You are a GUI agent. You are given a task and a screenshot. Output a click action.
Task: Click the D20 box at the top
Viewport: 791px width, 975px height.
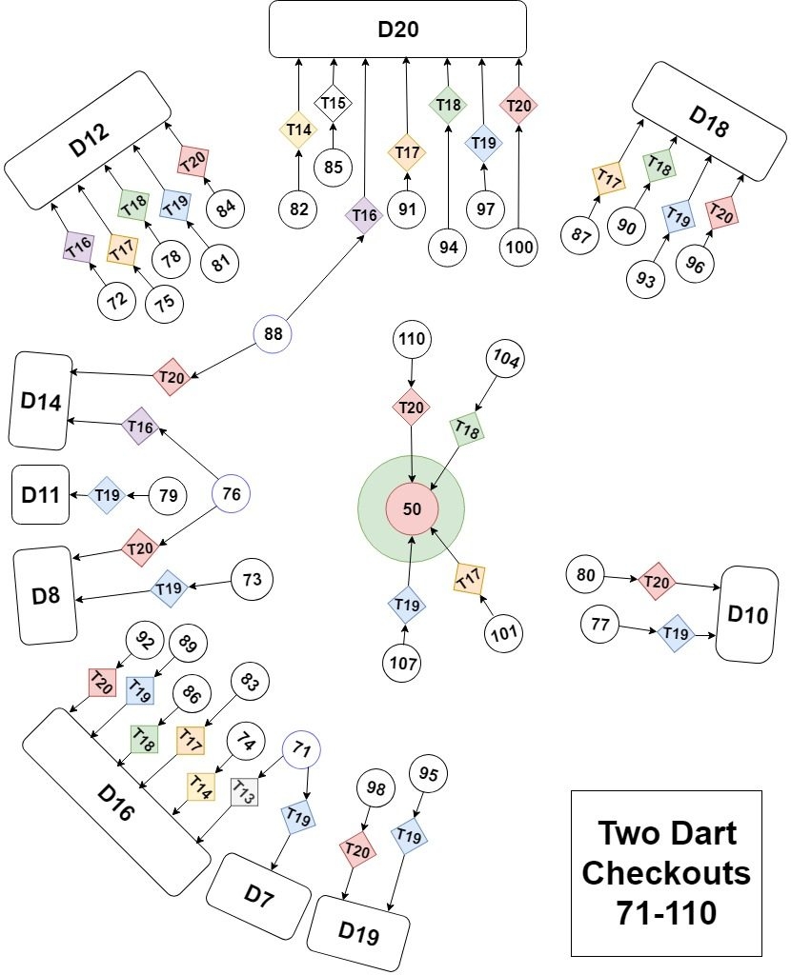pos(397,29)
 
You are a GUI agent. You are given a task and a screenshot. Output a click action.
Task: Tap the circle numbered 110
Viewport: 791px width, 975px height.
pos(411,340)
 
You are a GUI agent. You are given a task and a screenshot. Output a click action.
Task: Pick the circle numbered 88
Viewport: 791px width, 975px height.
pos(273,335)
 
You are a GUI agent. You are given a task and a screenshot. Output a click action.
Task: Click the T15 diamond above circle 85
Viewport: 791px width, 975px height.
pos(334,103)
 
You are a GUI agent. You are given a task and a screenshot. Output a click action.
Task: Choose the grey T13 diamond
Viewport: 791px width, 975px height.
pos(244,792)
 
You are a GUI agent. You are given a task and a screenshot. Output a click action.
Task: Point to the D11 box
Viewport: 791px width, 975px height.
pos(41,495)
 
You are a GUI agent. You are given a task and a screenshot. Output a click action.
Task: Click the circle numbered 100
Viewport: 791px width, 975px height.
pos(519,248)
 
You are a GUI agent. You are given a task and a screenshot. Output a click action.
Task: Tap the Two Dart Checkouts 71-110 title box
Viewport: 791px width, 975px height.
pos(666,872)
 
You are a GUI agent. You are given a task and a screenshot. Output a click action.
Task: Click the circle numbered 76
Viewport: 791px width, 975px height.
pos(231,493)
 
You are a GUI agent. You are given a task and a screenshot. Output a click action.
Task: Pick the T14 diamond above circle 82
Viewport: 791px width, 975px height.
pos(297,129)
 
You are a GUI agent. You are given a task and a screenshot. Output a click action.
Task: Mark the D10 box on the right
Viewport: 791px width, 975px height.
pos(746,614)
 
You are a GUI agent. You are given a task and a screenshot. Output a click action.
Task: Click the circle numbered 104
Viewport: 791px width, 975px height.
pos(508,360)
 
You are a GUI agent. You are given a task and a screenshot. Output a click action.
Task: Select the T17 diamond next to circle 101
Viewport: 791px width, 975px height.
pos(469,578)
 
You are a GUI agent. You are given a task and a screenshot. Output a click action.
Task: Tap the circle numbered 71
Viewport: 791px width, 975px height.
pos(301,749)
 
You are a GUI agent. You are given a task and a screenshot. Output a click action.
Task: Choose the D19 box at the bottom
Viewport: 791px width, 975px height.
pos(358,935)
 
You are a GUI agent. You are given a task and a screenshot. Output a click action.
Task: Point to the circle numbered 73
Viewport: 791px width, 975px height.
pos(253,579)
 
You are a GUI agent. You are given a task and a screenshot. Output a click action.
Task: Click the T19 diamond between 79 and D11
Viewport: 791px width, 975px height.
pos(107,494)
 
